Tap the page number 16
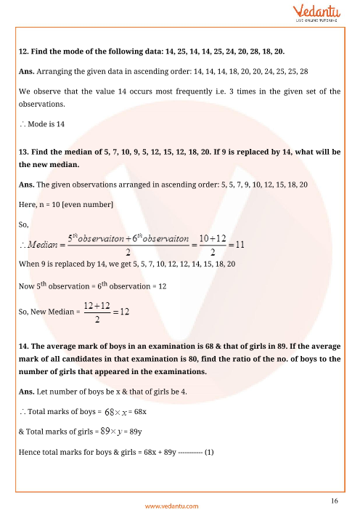333,501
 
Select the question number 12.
22,52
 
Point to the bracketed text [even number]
88,206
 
